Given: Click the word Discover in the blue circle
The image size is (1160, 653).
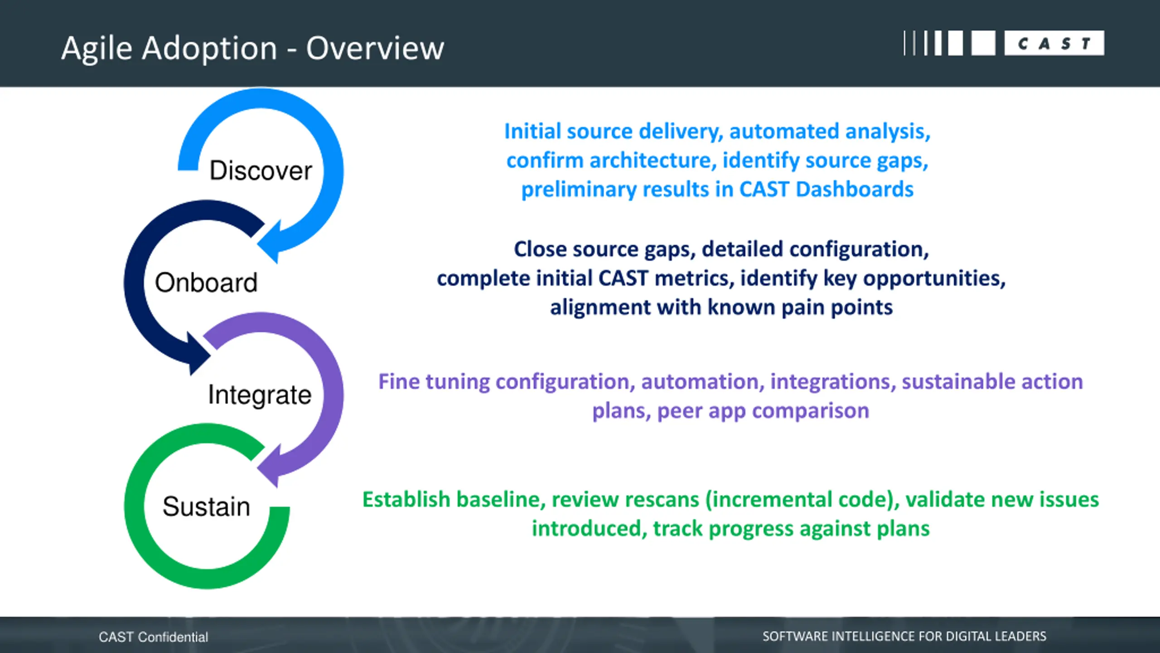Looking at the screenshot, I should tap(261, 171).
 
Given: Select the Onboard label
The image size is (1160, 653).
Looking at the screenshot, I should tap(206, 283).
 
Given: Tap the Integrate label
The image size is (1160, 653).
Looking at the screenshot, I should tap(260, 395).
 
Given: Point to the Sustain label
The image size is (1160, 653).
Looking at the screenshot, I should tap(206, 506).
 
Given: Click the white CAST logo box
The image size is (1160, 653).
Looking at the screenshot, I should tap(1054, 44).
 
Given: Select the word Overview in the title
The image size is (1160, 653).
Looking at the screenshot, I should tap(375, 48).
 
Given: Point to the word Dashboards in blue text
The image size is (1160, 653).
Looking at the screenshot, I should tap(854, 189).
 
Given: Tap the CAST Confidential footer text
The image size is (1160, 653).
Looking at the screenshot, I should tap(154, 637).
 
